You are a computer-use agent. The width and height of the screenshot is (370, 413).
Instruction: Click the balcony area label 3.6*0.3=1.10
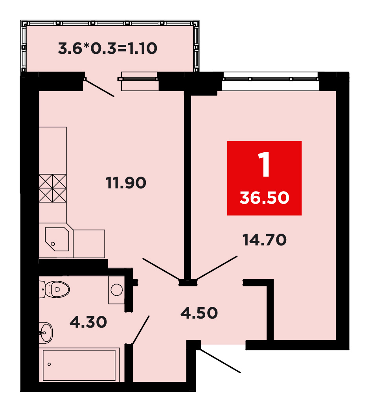[x=107, y=48]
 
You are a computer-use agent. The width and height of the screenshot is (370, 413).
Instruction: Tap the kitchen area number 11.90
[x=126, y=183]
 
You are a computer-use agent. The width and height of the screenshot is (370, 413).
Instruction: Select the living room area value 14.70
[x=264, y=240]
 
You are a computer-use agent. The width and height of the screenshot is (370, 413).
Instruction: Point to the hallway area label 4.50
[x=199, y=313]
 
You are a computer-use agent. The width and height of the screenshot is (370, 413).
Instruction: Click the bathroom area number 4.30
[x=88, y=322]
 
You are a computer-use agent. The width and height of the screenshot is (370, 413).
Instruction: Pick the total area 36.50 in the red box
[x=264, y=198]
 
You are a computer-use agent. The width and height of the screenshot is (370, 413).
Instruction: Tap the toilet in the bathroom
[x=55, y=289]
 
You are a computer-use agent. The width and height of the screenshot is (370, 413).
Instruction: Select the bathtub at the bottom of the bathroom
[x=79, y=365]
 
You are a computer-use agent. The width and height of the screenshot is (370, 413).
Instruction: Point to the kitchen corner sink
[x=57, y=239]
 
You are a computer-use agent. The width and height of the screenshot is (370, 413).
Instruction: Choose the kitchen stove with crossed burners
[x=53, y=188]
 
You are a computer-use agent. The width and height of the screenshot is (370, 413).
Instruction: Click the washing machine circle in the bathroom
[x=117, y=290]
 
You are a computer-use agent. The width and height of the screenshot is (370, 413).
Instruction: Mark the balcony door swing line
[x=99, y=88]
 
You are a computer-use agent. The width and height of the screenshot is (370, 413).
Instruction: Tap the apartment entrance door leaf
[x=221, y=361]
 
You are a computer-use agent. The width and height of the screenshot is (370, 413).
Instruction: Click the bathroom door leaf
[x=141, y=330]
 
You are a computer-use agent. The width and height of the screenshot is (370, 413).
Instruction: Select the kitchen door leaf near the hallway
[x=161, y=269]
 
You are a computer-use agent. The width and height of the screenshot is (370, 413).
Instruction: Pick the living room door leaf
[x=217, y=268]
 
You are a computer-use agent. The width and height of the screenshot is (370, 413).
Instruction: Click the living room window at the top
[x=271, y=79]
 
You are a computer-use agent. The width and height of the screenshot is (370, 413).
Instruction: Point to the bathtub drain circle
[x=49, y=364]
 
